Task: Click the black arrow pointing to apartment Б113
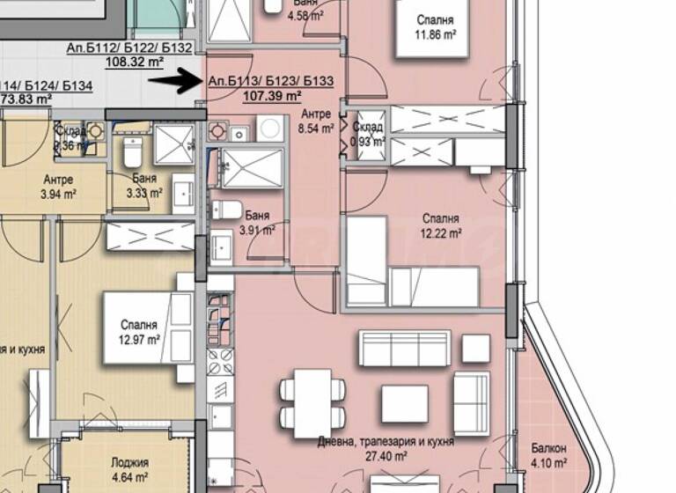176,82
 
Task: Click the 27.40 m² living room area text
386,456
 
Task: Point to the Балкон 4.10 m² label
547,455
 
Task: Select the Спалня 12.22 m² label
439,226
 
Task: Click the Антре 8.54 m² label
316,121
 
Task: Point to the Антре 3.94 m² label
58,186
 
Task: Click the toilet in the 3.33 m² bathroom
130,153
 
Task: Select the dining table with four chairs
305,401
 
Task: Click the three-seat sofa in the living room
404,348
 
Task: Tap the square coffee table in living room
404,403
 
